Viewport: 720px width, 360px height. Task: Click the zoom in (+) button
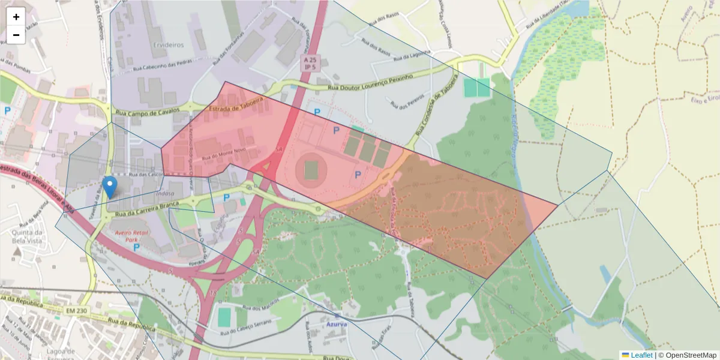click(x=16, y=17)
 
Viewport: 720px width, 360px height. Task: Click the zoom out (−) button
click(x=16, y=35)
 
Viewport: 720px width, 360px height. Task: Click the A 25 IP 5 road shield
click(x=310, y=64)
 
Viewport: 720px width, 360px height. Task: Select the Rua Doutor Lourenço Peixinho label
click(x=371, y=83)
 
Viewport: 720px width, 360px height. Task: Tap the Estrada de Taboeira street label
click(x=236, y=103)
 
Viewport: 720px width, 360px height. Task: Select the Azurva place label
click(x=337, y=323)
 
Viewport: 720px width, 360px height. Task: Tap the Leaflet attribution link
click(x=641, y=355)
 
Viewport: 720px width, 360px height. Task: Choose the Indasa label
click(x=164, y=193)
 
